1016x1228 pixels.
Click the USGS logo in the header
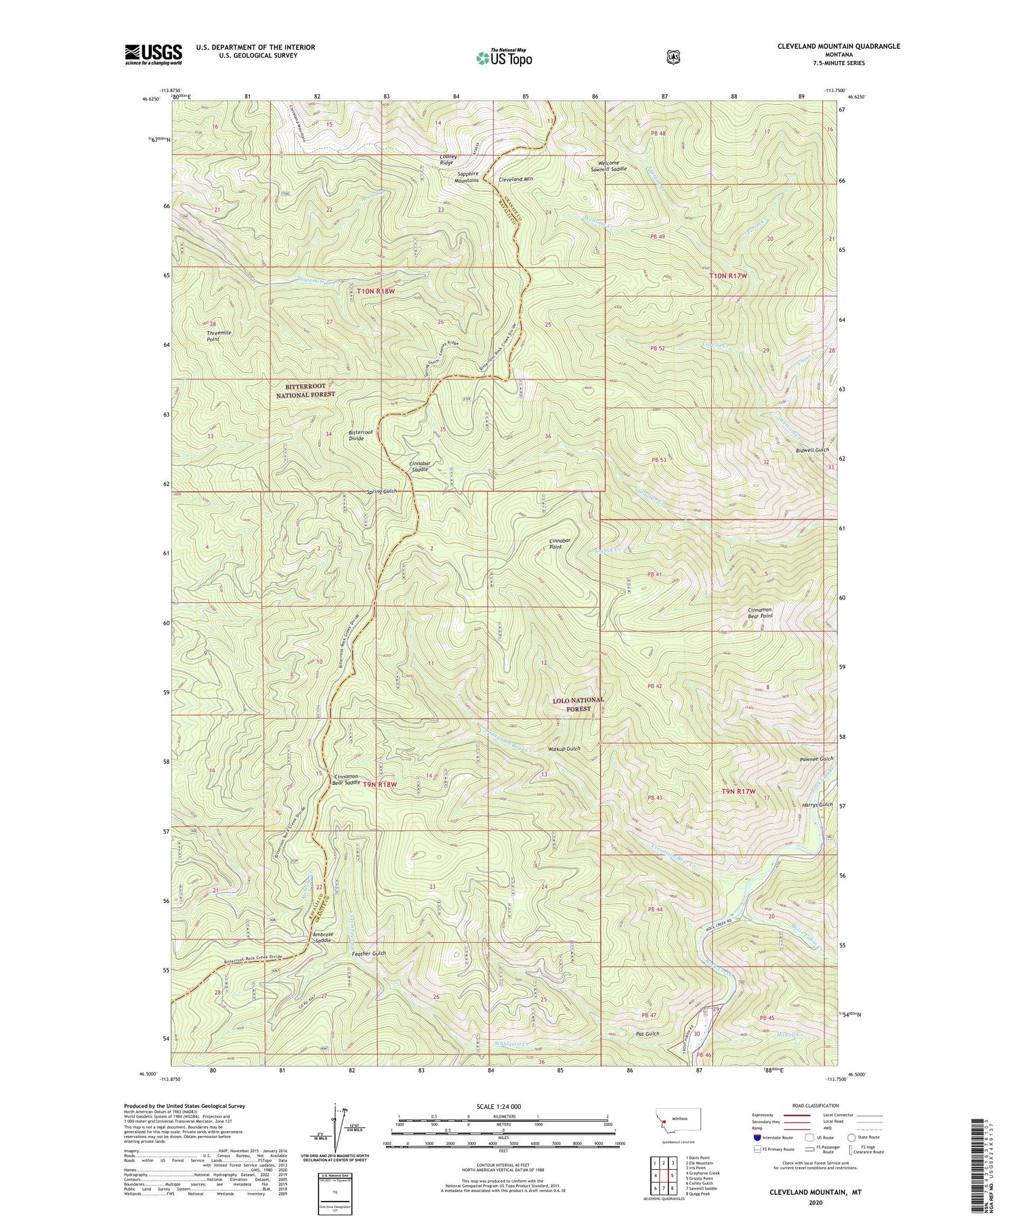click(x=153, y=54)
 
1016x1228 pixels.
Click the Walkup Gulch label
click(x=564, y=749)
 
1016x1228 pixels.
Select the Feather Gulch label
click(x=368, y=954)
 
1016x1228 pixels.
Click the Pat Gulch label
click(x=648, y=1034)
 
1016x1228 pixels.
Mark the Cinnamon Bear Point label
click(x=759, y=613)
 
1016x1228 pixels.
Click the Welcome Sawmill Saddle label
click(x=608, y=165)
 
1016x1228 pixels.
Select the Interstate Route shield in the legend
click(x=757, y=1137)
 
